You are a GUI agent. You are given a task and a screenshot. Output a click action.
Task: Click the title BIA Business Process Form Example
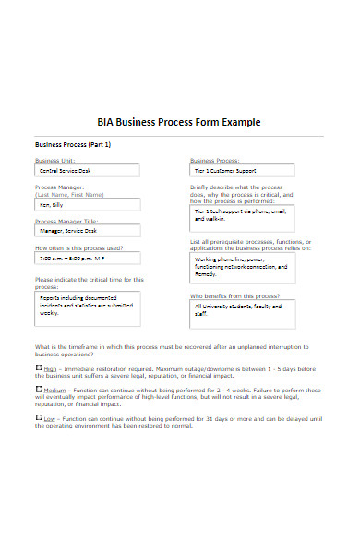(179, 122)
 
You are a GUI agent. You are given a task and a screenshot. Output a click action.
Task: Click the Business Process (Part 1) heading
(73, 145)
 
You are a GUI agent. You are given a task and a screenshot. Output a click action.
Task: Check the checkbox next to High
(38, 367)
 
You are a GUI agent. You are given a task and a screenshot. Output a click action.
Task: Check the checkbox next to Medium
(38, 390)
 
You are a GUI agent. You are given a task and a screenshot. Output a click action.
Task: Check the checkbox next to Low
(38, 419)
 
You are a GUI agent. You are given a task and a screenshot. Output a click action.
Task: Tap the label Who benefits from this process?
(234, 296)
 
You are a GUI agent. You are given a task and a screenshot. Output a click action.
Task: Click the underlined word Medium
(54, 391)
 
